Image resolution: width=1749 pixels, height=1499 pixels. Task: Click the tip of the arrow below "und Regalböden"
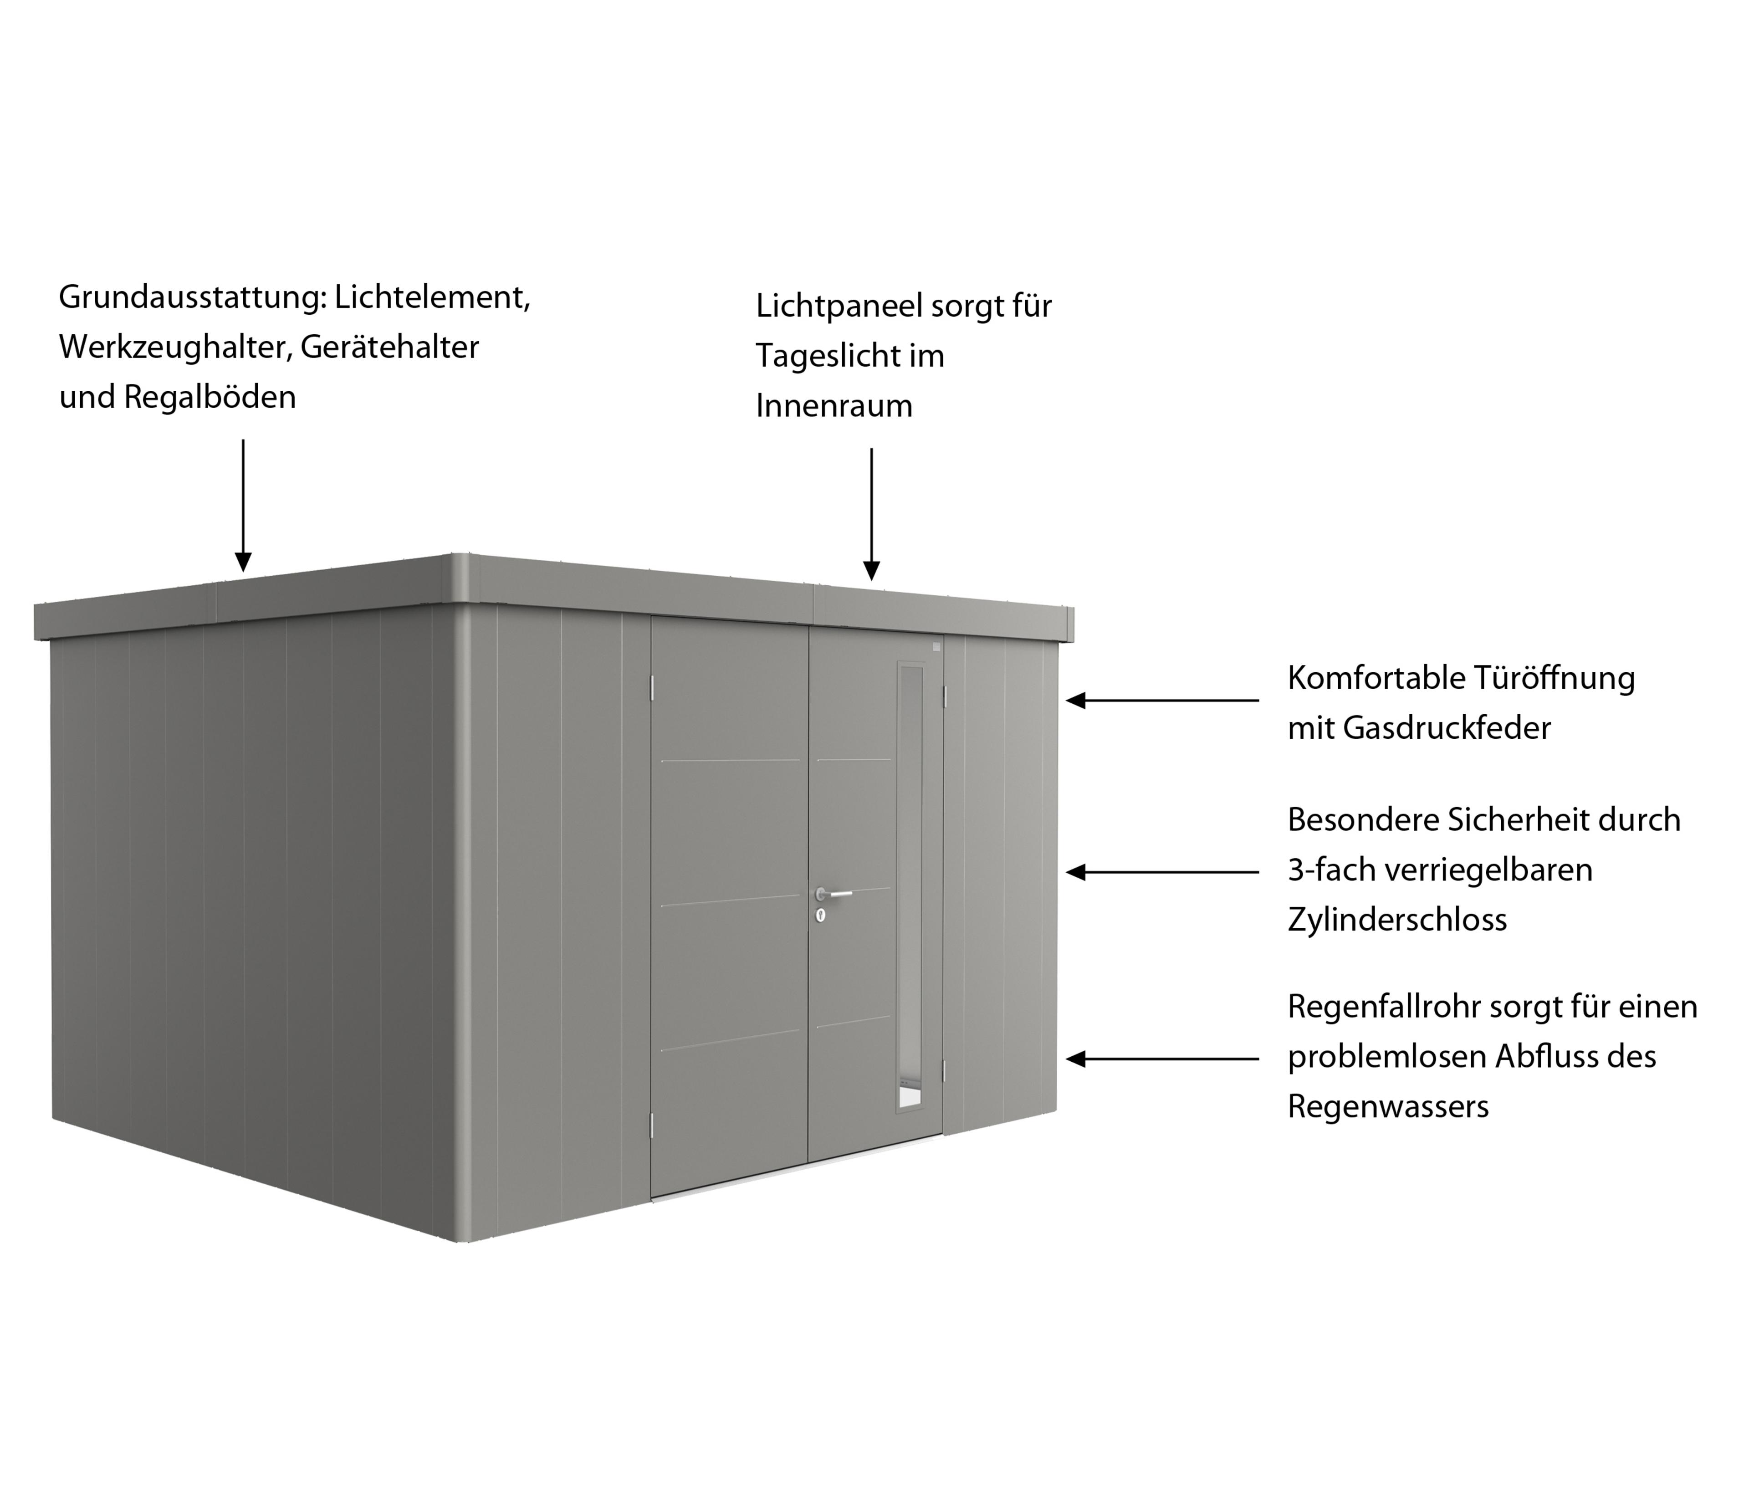point(243,572)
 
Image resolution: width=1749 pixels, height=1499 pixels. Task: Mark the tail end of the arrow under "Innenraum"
point(871,448)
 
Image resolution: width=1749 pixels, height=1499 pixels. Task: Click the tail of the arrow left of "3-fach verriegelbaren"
point(1258,872)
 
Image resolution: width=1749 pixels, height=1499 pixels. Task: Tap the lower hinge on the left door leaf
point(651,1123)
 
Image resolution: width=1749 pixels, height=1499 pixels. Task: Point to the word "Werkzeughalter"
point(175,347)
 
